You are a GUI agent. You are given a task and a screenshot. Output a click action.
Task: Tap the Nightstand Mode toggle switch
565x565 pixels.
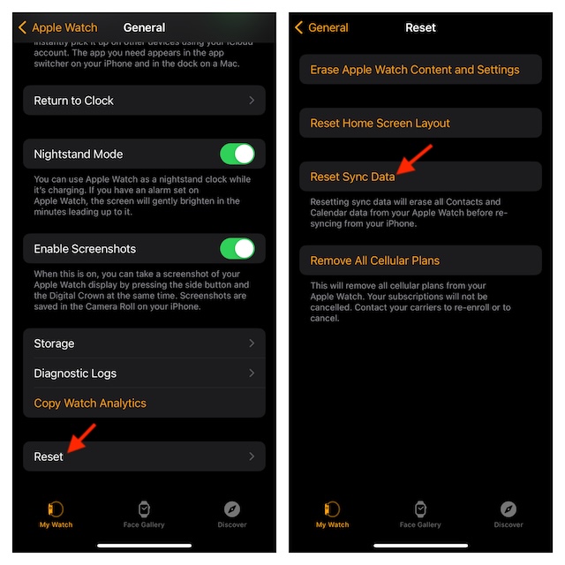coord(237,154)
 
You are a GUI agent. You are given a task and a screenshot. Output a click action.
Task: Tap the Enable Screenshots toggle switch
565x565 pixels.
coord(237,249)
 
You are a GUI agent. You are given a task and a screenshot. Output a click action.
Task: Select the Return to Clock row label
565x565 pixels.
coord(74,101)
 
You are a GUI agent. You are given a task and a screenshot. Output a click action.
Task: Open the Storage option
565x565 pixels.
coord(54,343)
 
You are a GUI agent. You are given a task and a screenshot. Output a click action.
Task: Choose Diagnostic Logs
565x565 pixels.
coord(75,373)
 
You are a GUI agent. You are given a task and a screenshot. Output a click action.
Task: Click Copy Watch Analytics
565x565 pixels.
coord(90,403)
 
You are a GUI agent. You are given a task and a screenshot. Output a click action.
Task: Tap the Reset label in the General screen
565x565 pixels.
coord(49,456)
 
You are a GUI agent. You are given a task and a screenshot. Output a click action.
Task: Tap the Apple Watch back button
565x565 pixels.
coord(57,27)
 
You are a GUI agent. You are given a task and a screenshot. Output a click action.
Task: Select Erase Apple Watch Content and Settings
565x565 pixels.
coord(415,70)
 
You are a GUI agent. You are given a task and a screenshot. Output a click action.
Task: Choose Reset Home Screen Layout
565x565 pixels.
coord(380,124)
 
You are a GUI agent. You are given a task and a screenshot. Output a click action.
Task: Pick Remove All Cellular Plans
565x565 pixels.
coord(375,260)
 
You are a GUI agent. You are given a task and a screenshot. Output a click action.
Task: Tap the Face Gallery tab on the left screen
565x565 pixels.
coord(145,513)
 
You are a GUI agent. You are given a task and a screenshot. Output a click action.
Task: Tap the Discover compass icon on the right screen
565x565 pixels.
coord(508,508)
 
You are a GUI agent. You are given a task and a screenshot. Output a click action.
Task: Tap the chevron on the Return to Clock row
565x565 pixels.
coord(252,101)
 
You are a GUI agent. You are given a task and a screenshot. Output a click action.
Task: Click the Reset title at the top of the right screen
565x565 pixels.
coord(421,27)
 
